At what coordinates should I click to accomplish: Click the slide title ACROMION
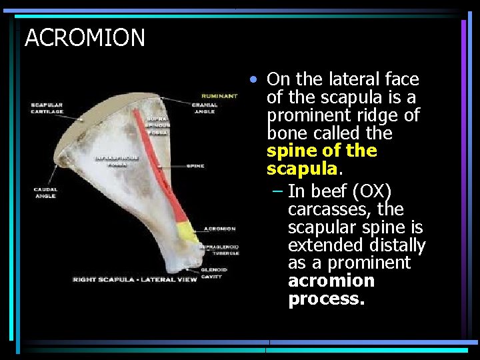pyautogui.click(x=85, y=38)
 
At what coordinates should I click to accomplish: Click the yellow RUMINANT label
pyautogui.click(x=219, y=96)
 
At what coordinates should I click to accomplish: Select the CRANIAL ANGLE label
pyautogui.click(x=204, y=108)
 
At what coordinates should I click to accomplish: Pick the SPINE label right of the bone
pyautogui.click(x=195, y=166)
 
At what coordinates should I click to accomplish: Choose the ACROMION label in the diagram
pyautogui.click(x=219, y=229)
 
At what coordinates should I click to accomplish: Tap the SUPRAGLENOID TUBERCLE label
pyautogui.click(x=217, y=249)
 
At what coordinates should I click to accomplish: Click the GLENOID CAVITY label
pyautogui.click(x=214, y=273)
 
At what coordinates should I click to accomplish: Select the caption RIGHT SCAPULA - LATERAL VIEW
pyautogui.click(x=135, y=279)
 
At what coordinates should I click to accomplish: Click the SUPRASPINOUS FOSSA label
pyautogui.click(x=158, y=125)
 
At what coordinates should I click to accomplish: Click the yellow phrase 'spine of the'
pyautogui.click(x=322, y=151)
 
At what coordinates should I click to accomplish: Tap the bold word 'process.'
pyautogui.click(x=326, y=299)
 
